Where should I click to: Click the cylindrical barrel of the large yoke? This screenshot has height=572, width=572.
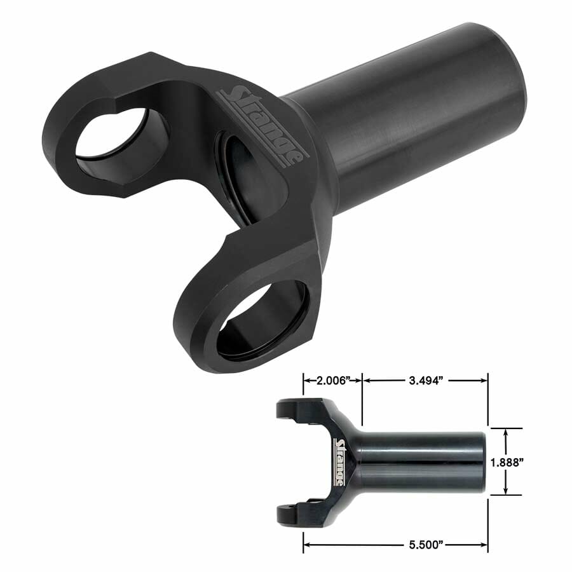tap(419, 121)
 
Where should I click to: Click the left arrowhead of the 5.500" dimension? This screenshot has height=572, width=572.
tap(306, 544)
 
